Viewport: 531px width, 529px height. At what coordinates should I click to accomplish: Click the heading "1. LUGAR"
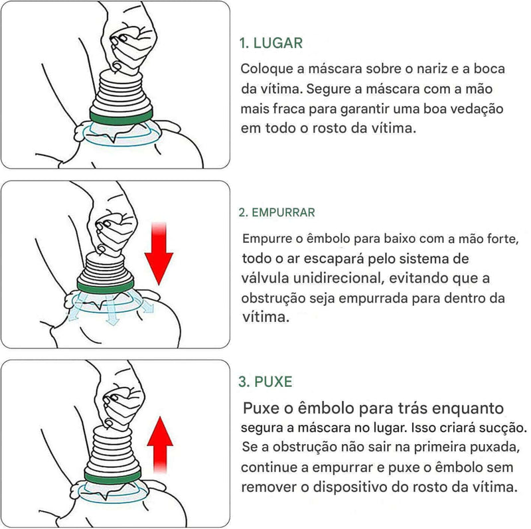pyautogui.click(x=271, y=43)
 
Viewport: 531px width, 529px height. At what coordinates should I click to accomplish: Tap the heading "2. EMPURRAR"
pyautogui.click(x=277, y=212)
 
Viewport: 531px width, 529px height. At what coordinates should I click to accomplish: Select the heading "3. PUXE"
pyautogui.click(x=265, y=382)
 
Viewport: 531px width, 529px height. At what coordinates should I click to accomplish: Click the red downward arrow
pyautogui.click(x=159, y=254)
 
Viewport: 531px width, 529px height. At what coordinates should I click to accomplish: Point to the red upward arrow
pyautogui.click(x=160, y=444)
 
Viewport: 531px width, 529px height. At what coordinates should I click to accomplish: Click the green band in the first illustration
pyautogui.click(x=121, y=116)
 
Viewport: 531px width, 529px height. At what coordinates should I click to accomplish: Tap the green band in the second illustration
pyautogui.click(x=106, y=286)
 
